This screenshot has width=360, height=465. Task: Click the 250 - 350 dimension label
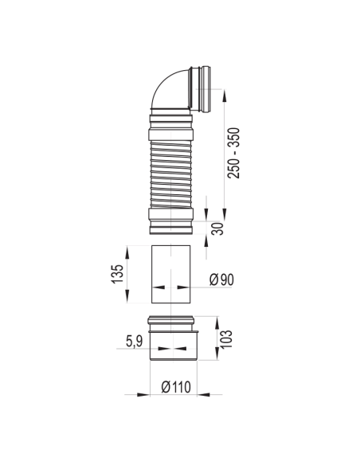pyautogui.click(x=233, y=153)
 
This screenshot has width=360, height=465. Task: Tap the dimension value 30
pyautogui.click(x=218, y=229)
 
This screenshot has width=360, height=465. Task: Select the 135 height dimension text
pyautogui.click(x=117, y=274)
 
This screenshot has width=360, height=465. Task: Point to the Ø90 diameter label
pyautogui.click(x=221, y=279)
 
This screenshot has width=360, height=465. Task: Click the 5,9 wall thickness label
pyautogui.click(x=135, y=341)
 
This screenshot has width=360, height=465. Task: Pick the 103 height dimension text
pyautogui.click(x=227, y=339)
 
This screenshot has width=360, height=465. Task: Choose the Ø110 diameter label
pyautogui.click(x=176, y=387)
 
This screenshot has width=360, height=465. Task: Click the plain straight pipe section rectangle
pyautogui.click(x=170, y=275)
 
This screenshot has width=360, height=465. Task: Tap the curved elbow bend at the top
pyautogui.click(x=169, y=88)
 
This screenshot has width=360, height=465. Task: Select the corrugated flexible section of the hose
pyautogui.click(x=170, y=174)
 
